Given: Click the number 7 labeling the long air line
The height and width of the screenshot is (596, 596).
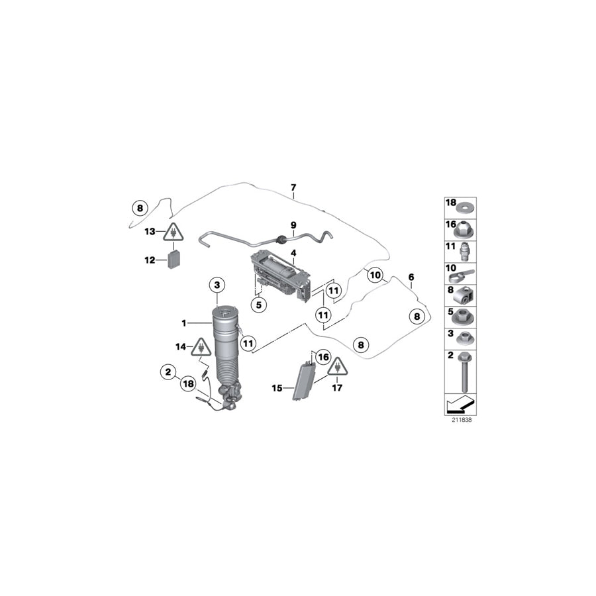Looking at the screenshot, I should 293,188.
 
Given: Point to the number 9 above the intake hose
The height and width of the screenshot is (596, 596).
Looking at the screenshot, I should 293,225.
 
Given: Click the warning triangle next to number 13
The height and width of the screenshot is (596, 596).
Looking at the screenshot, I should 174,232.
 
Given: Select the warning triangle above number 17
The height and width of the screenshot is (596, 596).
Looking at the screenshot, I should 337,366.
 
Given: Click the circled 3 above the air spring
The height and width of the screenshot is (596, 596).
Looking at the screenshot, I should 219,285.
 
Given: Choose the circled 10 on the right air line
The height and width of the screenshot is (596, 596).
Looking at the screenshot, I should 375,274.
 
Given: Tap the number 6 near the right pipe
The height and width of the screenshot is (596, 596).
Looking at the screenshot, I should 411,277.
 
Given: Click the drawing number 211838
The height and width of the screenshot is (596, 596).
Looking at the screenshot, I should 462,419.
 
